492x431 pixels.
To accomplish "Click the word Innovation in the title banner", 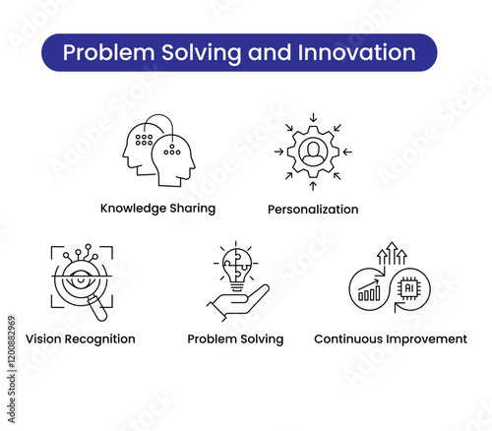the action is click(x=357, y=52).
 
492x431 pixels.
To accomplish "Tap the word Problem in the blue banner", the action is click(x=108, y=52).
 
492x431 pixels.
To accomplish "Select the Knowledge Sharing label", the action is click(x=157, y=209).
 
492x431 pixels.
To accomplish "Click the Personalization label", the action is click(x=313, y=210).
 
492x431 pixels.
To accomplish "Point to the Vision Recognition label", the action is click(x=81, y=339).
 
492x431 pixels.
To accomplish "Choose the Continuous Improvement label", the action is click(x=391, y=339).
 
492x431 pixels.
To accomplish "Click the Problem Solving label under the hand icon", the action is click(x=235, y=339).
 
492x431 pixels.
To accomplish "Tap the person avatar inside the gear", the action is click(x=313, y=153).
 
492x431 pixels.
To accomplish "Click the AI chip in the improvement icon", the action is click(x=409, y=288).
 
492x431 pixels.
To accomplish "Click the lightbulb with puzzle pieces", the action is click(x=237, y=269).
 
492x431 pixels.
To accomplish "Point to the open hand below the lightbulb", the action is click(x=238, y=302).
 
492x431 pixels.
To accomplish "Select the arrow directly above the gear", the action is click(x=313, y=117).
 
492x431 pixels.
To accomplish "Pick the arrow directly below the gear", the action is click(x=313, y=186).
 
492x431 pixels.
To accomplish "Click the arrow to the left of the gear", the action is click(x=279, y=152).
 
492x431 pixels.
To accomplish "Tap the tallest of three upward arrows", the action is click(x=392, y=253).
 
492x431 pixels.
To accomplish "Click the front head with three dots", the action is click(x=174, y=160).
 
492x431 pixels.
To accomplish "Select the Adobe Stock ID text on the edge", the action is click(x=12, y=369).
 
